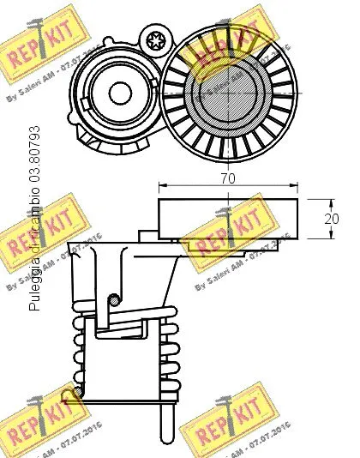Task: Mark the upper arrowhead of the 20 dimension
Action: pyautogui.click(x=311, y=201)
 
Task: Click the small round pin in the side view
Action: pyautogui.click(x=113, y=299)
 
